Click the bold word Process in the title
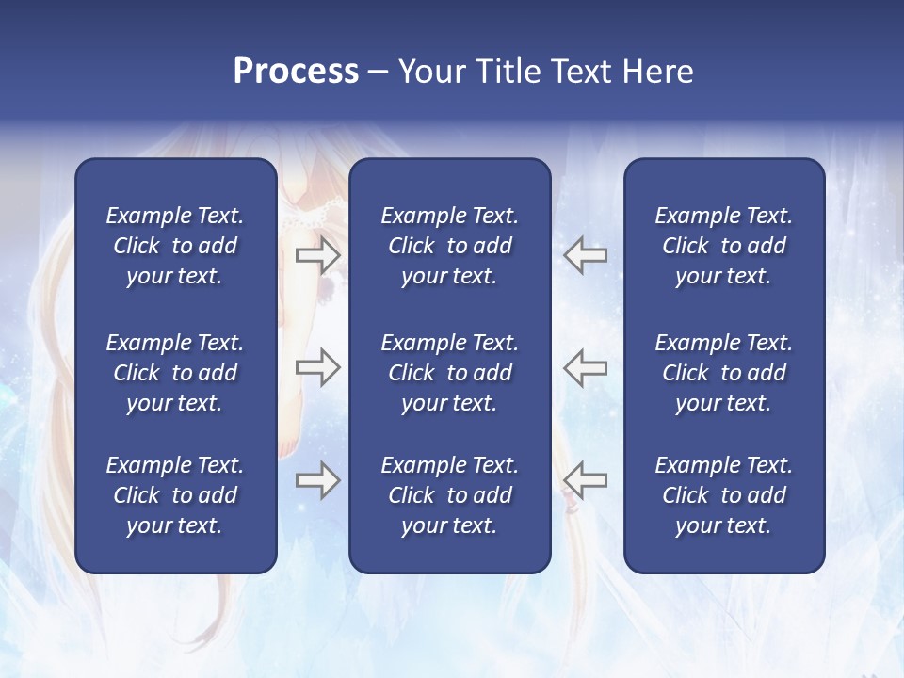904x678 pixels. click(x=296, y=72)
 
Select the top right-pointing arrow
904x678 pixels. click(x=317, y=255)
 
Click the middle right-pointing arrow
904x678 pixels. click(x=317, y=367)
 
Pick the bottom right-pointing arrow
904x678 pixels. click(x=317, y=481)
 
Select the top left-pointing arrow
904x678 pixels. click(x=586, y=255)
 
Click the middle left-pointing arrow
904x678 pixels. click(x=586, y=367)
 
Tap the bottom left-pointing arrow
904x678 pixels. click(x=586, y=481)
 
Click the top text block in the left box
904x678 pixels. click(x=175, y=246)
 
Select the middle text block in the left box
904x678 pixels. click(x=175, y=373)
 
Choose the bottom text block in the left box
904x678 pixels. click(x=175, y=495)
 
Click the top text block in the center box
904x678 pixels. click(x=449, y=246)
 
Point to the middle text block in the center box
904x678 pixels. click(x=449, y=373)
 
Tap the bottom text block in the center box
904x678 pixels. click(x=449, y=495)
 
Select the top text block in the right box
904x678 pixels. click(x=723, y=246)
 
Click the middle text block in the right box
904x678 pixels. click(x=723, y=373)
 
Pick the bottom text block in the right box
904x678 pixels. click(x=723, y=495)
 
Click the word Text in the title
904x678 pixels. click(x=578, y=72)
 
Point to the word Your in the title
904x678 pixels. click(x=429, y=72)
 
